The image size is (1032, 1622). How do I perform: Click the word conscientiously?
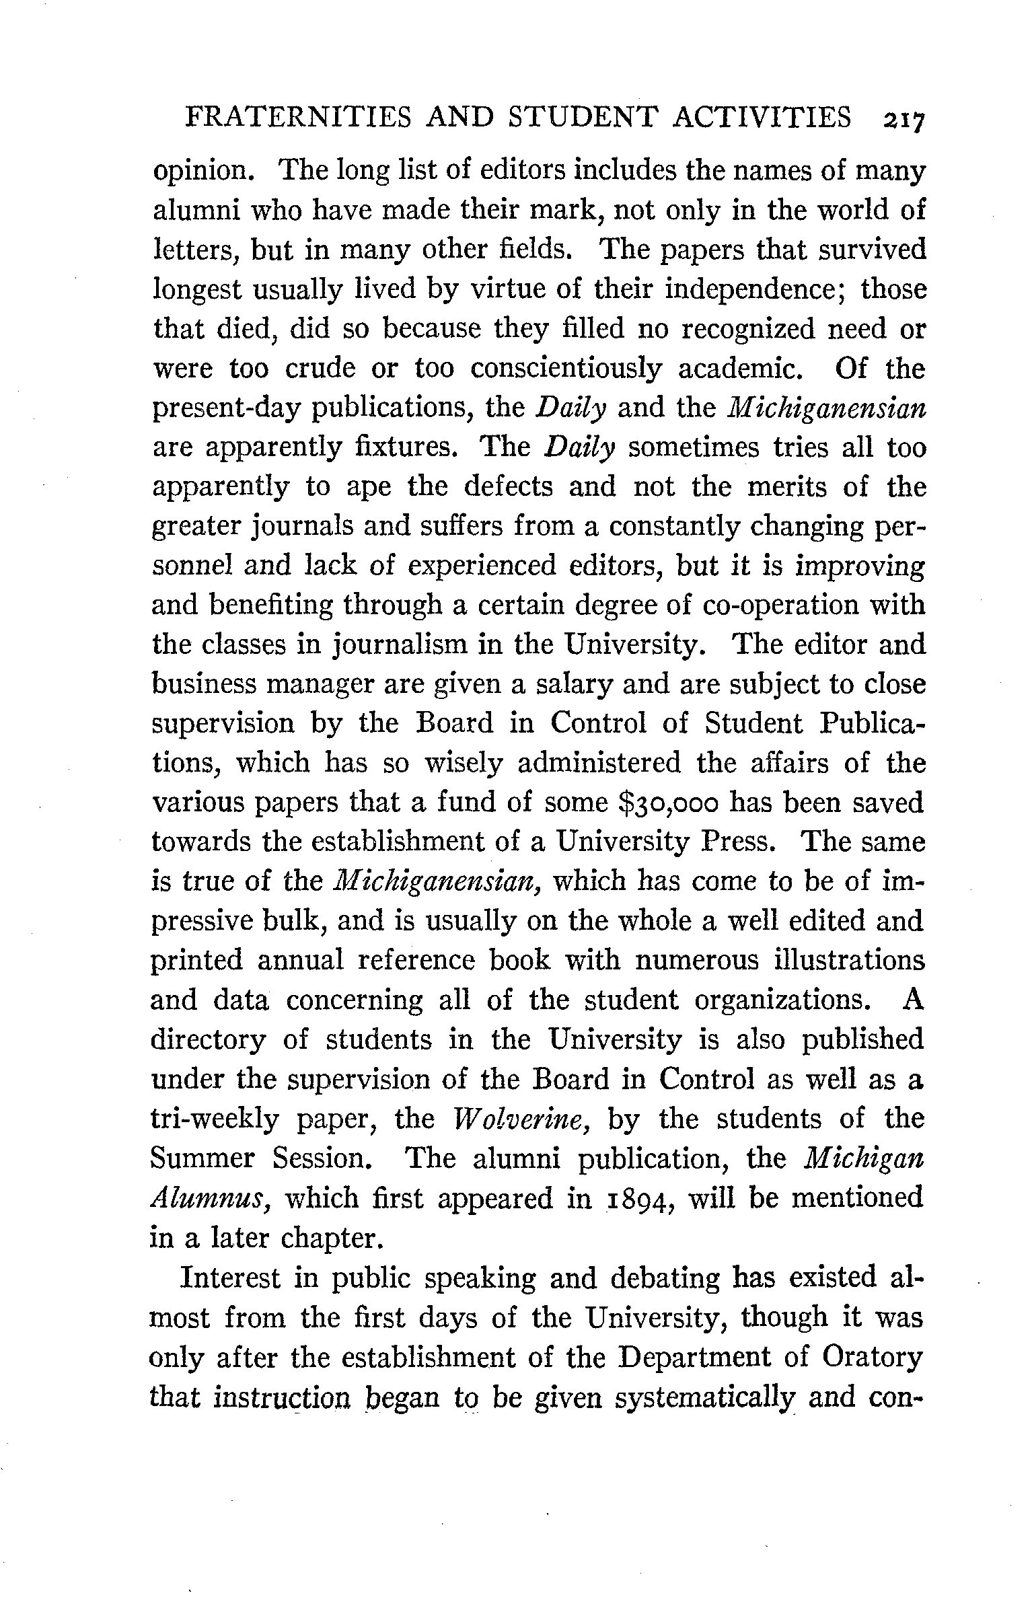566,369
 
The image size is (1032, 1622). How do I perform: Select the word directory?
208,1040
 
